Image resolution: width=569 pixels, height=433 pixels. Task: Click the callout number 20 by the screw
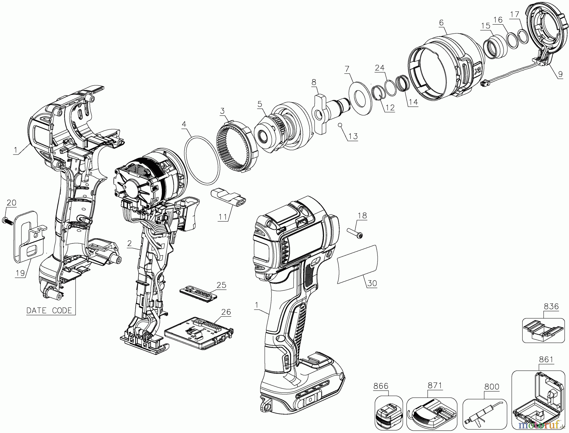point(11,203)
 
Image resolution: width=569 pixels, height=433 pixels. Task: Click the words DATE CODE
point(49,310)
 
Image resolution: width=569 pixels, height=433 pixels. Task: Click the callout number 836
point(551,306)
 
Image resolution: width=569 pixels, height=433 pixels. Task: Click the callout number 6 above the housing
point(441,22)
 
